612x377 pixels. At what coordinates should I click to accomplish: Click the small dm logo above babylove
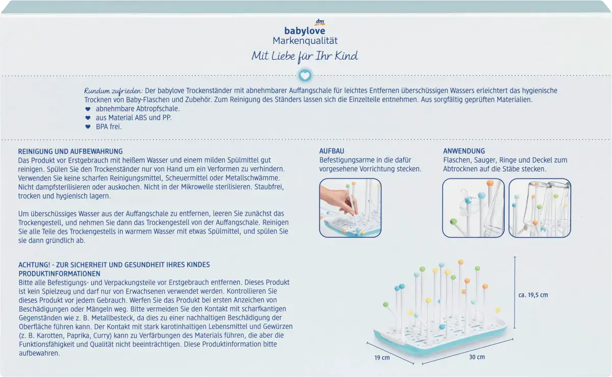pyautogui.click(x=320, y=22)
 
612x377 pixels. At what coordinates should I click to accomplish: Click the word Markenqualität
pyautogui.click(x=305, y=41)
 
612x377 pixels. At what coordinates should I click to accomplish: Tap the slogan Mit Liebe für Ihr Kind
pyautogui.click(x=304, y=57)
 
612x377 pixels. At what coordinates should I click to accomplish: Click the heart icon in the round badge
pyautogui.click(x=305, y=75)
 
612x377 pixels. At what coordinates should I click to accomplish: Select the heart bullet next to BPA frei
pyautogui.click(x=88, y=127)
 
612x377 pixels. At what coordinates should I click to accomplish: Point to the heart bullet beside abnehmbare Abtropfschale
pyautogui.click(x=88, y=109)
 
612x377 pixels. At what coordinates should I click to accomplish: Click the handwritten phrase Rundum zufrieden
pyautogui.click(x=113, y=91)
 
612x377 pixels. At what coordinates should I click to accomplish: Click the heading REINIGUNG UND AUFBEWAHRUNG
pyautogui.click(x=70, y=152)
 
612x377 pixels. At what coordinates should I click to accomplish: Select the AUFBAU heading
pyautogui.click(x=331, y=151)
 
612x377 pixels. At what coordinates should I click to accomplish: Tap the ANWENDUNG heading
pyautogui.click(x=464, y=151)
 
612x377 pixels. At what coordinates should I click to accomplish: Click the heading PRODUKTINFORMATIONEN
pyautogui.click(x=59, y=273)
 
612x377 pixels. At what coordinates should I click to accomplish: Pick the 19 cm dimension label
pyautogui.click(x=382, y=358)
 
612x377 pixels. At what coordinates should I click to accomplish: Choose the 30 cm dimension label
pyautogui.click(x=477, y=357)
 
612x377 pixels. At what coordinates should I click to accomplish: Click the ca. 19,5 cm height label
pyautogui.click(x=533, y=295)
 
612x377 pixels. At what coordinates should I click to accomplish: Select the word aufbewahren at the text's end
pyautogui.click(x=39, y=353)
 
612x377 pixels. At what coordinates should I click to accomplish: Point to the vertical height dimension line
pyautogui.click(x=515, y=292)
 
